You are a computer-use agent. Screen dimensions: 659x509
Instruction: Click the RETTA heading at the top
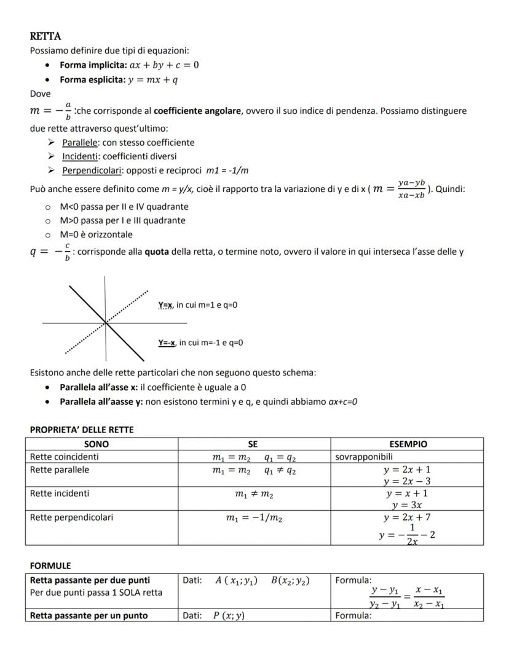coord(45,37)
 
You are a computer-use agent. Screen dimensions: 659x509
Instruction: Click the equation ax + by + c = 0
coord(164,65)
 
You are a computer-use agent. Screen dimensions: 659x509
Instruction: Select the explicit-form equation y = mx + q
coord(152,80)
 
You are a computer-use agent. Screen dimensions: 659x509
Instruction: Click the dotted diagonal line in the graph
coord(132,302)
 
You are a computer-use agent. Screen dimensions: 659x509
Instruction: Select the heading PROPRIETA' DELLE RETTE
coord(82,429)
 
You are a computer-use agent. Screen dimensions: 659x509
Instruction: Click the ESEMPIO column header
coord(408,444)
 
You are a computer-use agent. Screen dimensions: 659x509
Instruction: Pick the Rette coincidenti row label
coord(65,457)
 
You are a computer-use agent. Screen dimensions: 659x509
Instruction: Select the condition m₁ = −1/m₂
coord(254,518)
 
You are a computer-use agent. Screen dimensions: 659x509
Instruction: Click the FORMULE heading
coord(50,565)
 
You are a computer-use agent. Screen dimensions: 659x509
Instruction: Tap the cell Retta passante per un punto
coord(89,615)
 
